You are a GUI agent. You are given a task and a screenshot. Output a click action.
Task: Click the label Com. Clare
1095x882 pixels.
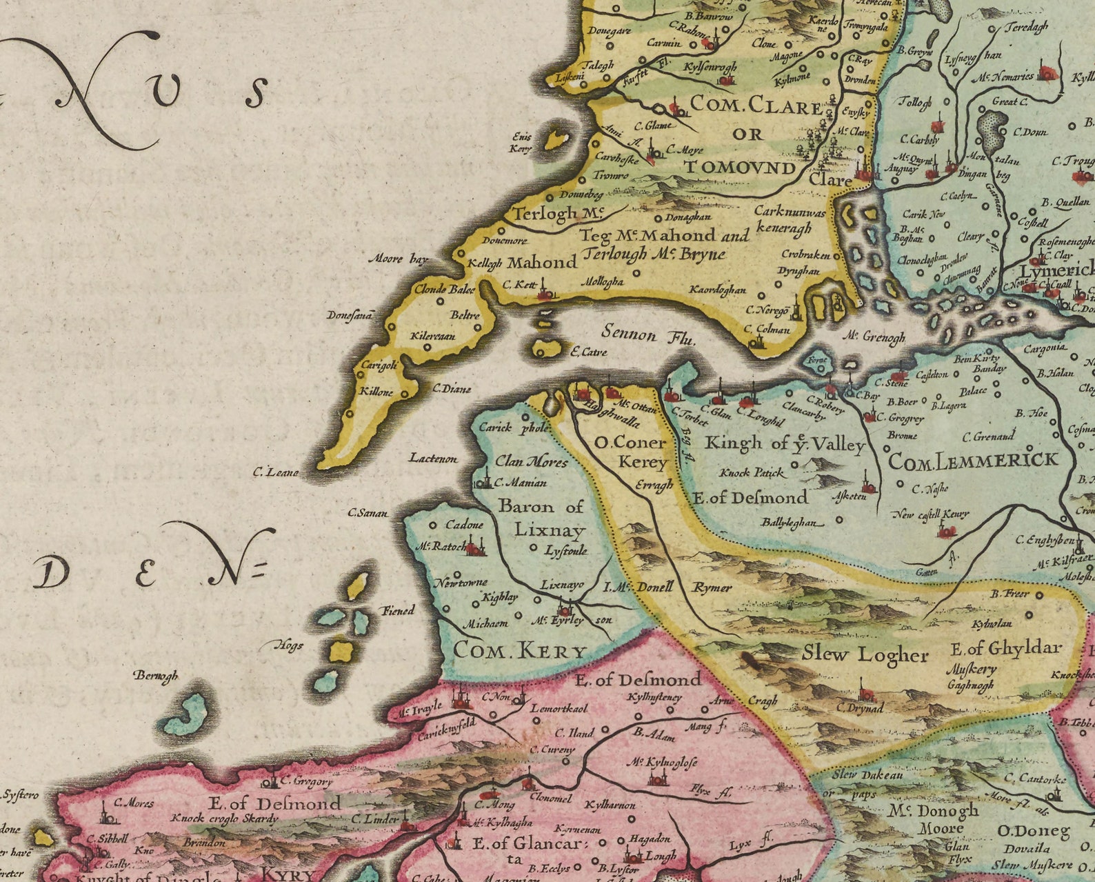tap(756, 105)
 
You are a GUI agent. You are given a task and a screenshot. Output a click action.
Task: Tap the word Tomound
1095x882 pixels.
tap(739, 168)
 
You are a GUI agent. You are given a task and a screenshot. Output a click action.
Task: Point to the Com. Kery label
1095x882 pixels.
tap(519, 650)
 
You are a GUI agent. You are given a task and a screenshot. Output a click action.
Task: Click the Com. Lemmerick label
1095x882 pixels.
tap(972, 461)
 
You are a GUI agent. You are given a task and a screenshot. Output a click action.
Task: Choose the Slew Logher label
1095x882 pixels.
tap(865, 654)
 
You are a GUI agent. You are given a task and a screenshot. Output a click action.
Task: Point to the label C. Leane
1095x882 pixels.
tap(275, 472)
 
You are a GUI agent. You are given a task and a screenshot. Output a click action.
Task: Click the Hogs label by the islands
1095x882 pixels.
tap(288, 645)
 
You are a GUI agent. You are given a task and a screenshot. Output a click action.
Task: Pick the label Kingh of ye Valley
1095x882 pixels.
tap(784, 444)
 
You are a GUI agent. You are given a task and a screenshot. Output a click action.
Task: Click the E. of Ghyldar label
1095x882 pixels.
tap(1006, 648)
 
